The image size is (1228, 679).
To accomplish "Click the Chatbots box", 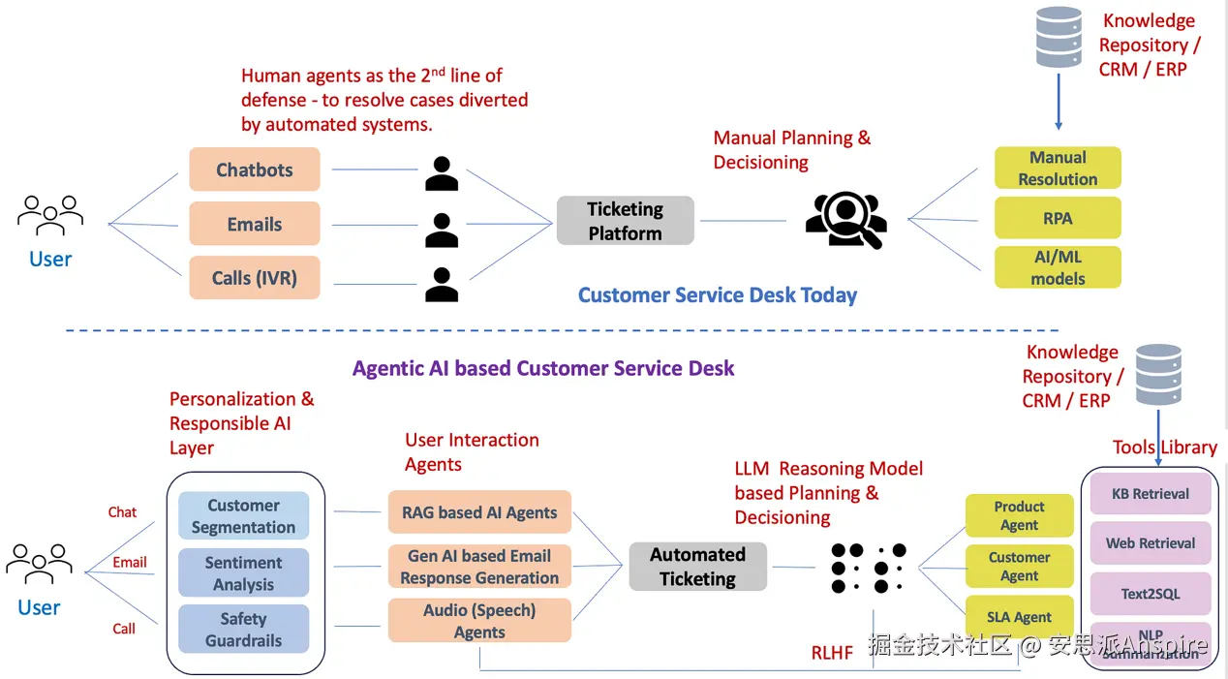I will click(x=254, y=170).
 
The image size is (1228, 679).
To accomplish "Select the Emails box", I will click(x=254, y=224).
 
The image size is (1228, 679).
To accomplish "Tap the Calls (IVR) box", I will click(x=254, y=278).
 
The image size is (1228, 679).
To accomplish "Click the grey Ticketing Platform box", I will click(x=625, y=221).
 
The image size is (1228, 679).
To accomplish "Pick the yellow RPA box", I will click(x=1058, y=218).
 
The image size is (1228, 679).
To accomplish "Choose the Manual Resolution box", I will click(x=1058, y=168).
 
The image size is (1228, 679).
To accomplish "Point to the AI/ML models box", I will click(x=1058, y=267).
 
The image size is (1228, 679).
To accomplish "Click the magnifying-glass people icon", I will click(x=845, y=220).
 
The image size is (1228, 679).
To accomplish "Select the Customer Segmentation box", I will click(x=243, y=515).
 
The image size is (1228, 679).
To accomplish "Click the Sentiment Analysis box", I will click(x=243, y=572).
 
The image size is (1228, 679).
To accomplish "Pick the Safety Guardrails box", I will click(x=243, y=629).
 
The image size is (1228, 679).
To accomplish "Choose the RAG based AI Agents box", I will click(x=479, y=512).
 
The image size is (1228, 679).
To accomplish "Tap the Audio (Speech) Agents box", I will click(x=479, y=620).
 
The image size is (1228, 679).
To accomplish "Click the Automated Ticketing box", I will click(x=697, y=567).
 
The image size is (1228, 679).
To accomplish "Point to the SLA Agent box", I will click(x=1019, y=616).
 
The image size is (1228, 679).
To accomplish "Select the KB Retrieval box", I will click(x=1151, y=493).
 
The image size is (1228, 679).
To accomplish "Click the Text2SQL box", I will click(x=1151, y=594).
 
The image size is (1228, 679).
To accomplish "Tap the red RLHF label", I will click(x=832, y=653).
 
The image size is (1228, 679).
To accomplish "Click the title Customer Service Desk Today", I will click(x=718, y=295).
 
